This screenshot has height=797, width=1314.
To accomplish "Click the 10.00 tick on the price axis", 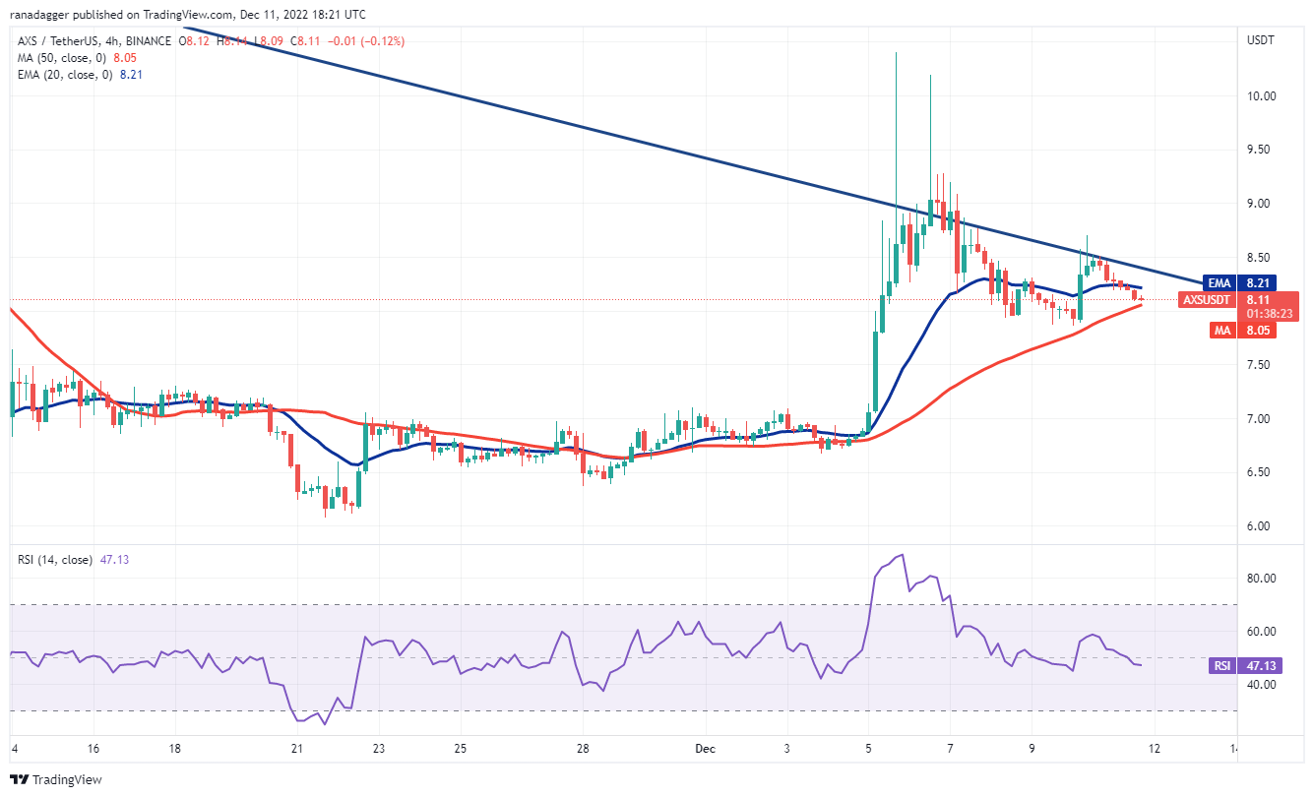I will click(1262, 96).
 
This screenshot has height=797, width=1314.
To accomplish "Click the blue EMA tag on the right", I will click(1220, 282).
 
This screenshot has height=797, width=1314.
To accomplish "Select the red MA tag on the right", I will click(1221, 331).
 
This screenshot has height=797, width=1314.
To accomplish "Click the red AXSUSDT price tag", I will click(1206, 299).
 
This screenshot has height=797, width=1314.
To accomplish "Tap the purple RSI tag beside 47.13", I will click(1221, 666).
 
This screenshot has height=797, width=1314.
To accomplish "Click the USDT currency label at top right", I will click(1261, 40).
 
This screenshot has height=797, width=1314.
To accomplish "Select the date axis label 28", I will click(583, 748).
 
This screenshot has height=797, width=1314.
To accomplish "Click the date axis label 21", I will click(295, 748).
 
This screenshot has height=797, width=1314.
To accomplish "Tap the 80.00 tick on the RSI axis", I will click(1263, 578).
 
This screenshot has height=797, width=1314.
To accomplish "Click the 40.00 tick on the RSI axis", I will click(1263, 684).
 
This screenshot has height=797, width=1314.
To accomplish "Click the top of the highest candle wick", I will click(896, 52).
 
